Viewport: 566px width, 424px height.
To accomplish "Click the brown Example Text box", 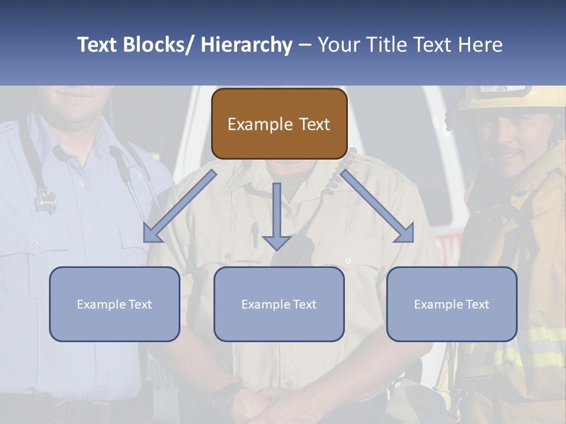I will tap(279, 124).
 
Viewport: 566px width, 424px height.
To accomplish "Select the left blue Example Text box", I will tap(114, 304).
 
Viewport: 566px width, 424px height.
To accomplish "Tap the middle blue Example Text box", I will tap(279, 304).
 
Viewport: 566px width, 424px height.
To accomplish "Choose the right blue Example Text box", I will tap(452, 304).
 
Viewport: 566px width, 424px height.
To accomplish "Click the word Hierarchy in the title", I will tap(246, 45).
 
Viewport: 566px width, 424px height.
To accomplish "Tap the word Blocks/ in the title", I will tap(154, 45).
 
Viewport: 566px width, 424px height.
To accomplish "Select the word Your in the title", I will tap(340, 45).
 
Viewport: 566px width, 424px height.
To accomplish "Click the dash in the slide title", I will tap(305, 46).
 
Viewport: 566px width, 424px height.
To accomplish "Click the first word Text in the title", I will tap(98, 45).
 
